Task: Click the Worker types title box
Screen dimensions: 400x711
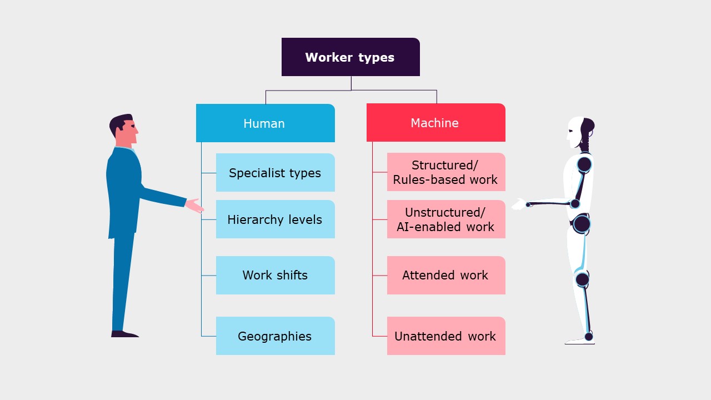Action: click(x=351, y=57)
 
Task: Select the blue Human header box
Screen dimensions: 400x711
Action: click(x=265, y=123)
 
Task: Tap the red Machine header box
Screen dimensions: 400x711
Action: click(x=435, y=122)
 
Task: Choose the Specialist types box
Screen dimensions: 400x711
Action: click(x=275, y=173)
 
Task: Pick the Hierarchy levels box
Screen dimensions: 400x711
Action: click(x=275, y=219)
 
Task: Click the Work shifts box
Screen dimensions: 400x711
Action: click(x=275, y=275)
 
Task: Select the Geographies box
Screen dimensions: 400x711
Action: click(x=275, y=336)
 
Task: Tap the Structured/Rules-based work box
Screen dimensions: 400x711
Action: click(x=446, y=172)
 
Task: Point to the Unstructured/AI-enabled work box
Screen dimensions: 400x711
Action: click(x=446, y=219)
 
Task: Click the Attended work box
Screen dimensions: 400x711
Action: click(x=446, y=275)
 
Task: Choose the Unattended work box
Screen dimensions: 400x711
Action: click(x=446, y=336)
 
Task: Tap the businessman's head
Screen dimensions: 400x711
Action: click(x=123, y=129)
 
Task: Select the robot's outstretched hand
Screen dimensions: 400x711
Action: click(x=519, y=204)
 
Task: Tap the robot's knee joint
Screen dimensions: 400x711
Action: click(x=582, y=279)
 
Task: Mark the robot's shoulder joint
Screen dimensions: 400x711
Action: click(x=584, y=164)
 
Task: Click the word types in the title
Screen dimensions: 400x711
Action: click(x=377, y=57)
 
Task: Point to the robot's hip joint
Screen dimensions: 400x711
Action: click(x=582, y=224)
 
